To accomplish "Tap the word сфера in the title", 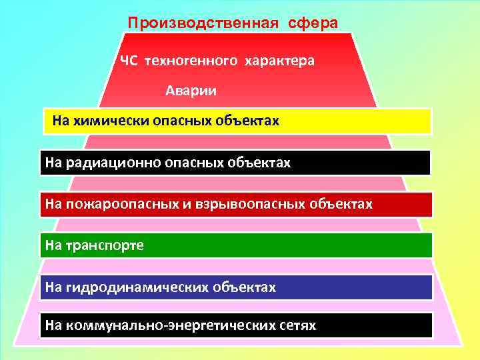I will (x=313, y=23).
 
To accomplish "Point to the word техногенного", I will (x=190, y=61).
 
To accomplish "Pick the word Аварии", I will (x=191, y=90).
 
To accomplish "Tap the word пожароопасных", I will (x=119, y=204).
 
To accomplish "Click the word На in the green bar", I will (x=53, y=246).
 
